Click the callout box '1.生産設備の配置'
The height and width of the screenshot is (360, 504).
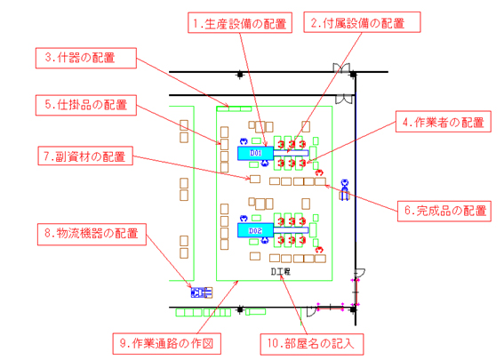[240, 22]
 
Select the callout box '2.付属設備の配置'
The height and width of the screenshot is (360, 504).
[362, 22]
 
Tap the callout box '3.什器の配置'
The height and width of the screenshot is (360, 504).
[86, 58]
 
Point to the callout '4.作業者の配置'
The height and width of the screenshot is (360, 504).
[444, 122]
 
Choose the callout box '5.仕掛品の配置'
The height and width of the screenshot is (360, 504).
[86, 105]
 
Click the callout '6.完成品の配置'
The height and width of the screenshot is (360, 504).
[444, 211]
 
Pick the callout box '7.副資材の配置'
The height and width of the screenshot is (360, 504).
[85, 156]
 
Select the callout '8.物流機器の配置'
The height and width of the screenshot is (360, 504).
[92, 235]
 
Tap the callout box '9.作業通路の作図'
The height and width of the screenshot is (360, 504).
[166, 343]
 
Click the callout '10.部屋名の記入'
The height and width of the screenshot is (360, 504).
[311, 344]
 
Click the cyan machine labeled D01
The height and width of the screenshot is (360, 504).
[255, 153]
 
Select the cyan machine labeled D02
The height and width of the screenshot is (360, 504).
[255, 230]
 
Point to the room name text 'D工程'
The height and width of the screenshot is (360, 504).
[280, 272]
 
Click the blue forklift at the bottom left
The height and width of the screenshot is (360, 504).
[202, 292]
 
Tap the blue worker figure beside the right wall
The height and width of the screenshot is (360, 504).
[345, 189]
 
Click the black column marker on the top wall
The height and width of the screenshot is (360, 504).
[240, 75]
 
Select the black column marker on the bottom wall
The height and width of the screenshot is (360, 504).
[240, 309]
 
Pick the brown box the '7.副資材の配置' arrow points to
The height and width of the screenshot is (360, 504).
[255, 179]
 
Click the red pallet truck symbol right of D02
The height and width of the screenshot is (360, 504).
[319, 250]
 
